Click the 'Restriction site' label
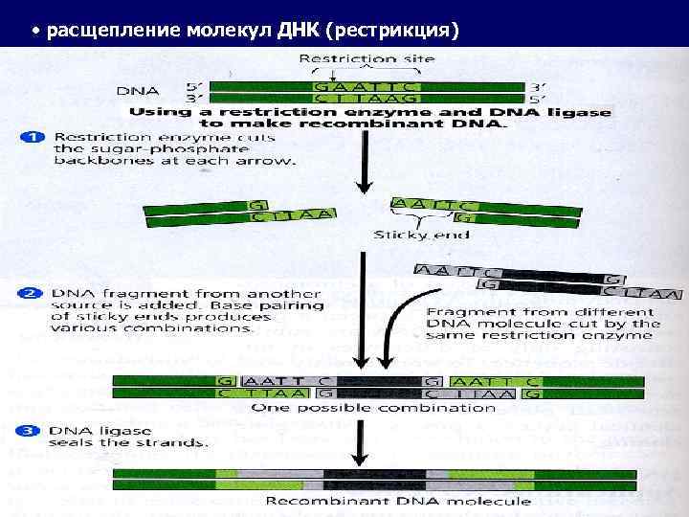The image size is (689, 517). [x=367, y=58]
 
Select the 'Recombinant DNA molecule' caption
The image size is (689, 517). [x=397, y=501]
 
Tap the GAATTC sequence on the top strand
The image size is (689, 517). [x=366, y=85]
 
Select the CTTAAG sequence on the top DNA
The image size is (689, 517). [x=366, y=98]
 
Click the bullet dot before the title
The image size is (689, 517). [x=34, y=32]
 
